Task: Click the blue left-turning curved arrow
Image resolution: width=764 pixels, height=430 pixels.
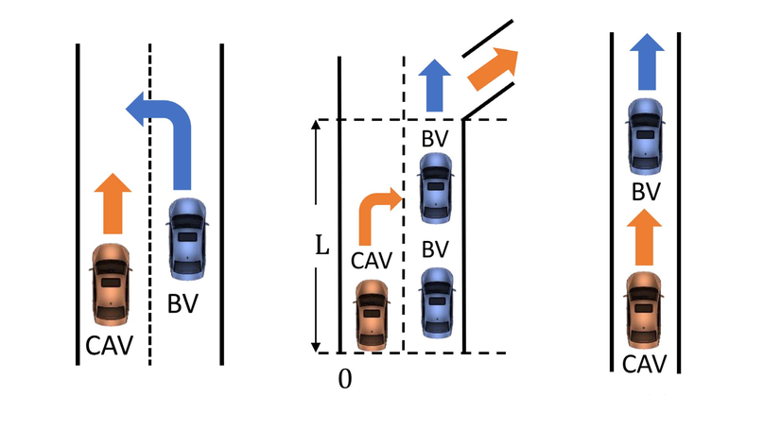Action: click(x=170, y=123)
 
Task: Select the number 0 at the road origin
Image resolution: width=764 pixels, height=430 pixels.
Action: click(x=345, y=378)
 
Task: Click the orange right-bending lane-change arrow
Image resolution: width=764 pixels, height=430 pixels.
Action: click(x=375, y=213)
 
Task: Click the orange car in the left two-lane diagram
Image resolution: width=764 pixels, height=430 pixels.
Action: click(x=112, y=284)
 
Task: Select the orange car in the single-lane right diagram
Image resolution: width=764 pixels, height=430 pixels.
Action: click(x=643, y=309)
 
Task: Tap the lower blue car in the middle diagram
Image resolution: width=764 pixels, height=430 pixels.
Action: click(x=436, y=302)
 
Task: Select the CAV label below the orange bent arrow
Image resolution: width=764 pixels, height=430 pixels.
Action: click(x=371, y=257)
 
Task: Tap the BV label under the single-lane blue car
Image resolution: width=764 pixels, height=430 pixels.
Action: click(x=645, y=193)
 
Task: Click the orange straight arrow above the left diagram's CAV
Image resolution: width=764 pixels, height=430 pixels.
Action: click(x=112, y=203)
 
